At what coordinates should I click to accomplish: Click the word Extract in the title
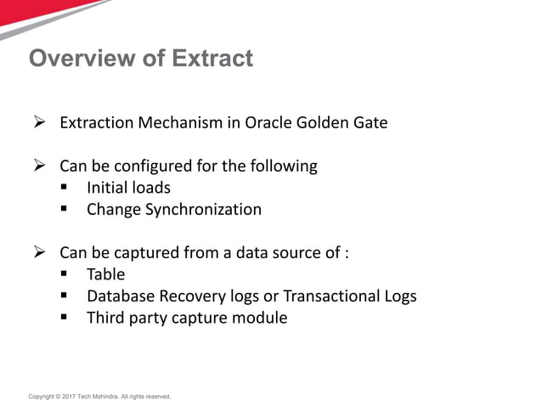[212, 59]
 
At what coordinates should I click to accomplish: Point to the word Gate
[369, 122]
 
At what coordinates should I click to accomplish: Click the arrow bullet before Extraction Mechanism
[38, 123]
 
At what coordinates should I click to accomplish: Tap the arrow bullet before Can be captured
[38, 252]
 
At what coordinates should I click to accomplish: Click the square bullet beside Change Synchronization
[65, 210]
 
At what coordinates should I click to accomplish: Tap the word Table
[105, 273]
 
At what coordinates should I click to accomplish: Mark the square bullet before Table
[65, 274]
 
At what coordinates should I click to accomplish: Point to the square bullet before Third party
[65, 319]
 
